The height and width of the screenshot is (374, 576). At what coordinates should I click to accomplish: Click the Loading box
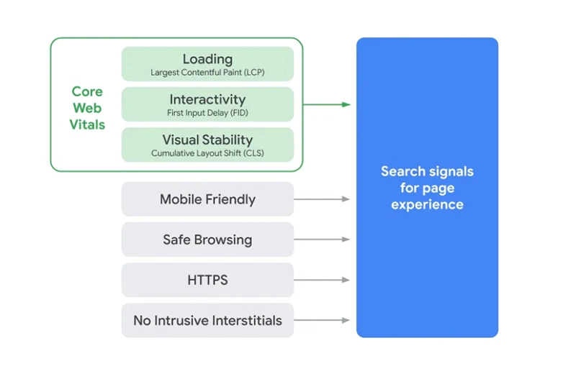(207, 63)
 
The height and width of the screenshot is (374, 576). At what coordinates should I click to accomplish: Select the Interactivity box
(207, 104)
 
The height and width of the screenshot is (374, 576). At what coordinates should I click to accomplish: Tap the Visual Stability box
(207, 145)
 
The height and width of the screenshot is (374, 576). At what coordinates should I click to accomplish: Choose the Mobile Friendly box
(207, 199)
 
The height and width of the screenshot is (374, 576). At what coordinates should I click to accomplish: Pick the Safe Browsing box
(207, 240)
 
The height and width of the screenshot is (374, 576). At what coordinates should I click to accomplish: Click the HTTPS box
(207, 280)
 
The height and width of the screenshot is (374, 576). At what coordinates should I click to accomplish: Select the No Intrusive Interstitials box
(207, 320)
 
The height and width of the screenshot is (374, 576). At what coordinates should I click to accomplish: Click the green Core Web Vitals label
(87, 108)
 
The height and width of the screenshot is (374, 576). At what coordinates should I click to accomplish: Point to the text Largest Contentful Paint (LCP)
(207, 73)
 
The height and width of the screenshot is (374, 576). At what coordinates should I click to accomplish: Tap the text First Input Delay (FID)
(207, 114)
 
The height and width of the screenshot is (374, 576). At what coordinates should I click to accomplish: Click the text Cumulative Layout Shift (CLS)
(207, 153)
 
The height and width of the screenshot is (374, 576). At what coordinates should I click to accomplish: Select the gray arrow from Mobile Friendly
(322, 199)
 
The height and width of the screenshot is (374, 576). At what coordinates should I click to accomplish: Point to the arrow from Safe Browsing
(322, 240)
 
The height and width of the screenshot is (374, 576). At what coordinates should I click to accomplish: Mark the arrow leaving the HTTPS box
(322, 280)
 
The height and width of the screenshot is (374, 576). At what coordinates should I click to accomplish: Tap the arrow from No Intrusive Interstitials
(322, 320)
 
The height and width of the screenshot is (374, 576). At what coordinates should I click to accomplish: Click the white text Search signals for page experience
(427, 188)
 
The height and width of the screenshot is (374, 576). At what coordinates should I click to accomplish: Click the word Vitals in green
(87, 124)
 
